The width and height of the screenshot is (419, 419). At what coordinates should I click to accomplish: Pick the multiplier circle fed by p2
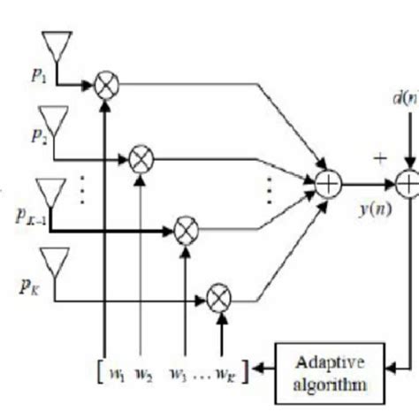pos(140,159)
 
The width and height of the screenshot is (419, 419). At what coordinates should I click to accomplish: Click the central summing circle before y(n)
pos(328,185)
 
